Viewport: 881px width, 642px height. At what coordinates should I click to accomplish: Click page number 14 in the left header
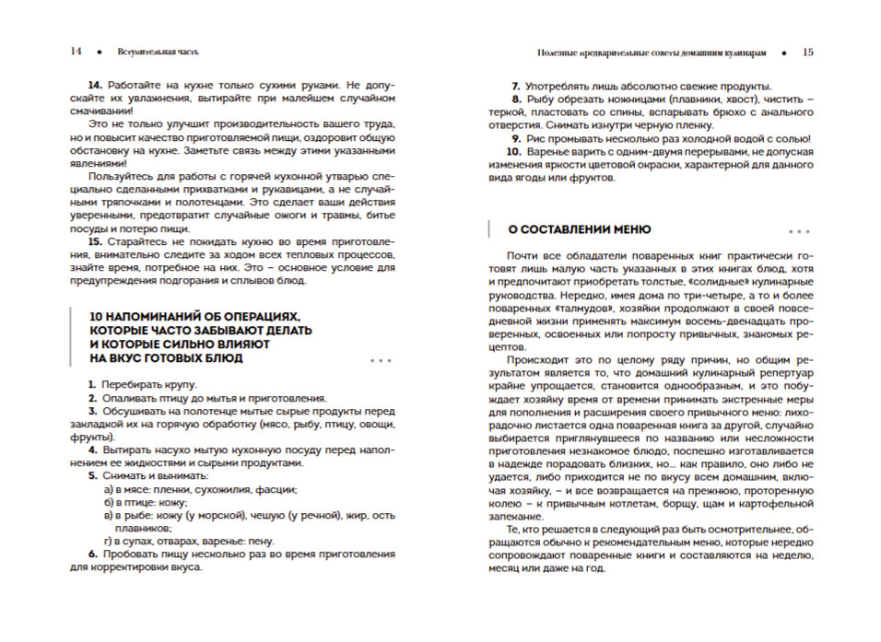(76, 53)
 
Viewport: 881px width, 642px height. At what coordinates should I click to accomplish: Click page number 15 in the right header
(807, 53)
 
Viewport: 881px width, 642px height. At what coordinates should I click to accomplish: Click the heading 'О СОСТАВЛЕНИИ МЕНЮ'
(580, 229)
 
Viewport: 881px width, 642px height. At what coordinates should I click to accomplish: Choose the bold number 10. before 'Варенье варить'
(514, 151)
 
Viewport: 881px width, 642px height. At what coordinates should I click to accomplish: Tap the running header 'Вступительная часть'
(159, 53)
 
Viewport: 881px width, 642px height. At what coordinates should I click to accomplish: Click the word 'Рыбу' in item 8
(540, 99)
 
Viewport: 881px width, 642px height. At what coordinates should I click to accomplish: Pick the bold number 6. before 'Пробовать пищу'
(93, 554)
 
